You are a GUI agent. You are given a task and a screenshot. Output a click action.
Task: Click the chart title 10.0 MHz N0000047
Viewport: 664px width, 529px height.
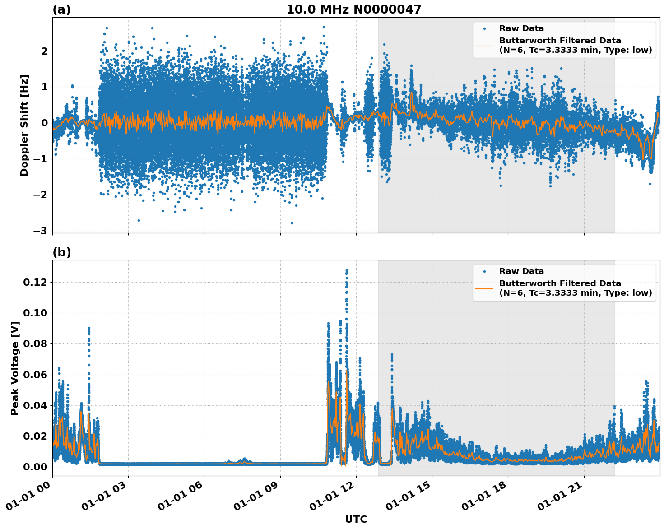[353, 9]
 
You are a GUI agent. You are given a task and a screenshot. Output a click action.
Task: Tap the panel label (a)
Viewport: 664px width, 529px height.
[61, 9]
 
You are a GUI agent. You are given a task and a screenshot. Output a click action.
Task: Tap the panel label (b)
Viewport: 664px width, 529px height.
[61, 252]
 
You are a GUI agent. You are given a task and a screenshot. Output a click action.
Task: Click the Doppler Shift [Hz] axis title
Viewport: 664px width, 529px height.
[24, 125]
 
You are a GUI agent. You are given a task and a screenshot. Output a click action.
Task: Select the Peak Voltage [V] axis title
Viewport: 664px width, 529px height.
[15, 368]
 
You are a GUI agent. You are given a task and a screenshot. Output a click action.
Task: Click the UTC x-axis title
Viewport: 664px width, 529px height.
[356, 519]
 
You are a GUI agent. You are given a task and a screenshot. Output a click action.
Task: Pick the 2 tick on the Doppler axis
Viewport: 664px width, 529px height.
[45, 51]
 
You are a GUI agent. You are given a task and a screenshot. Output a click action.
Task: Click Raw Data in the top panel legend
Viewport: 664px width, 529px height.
[521, 28]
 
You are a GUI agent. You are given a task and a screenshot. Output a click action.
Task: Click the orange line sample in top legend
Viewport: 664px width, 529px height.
[484, 45]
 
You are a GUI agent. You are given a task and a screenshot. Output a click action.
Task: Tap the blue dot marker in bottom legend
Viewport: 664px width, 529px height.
[484, 271]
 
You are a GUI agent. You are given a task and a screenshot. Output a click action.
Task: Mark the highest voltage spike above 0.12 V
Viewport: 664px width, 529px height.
[347, 270]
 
